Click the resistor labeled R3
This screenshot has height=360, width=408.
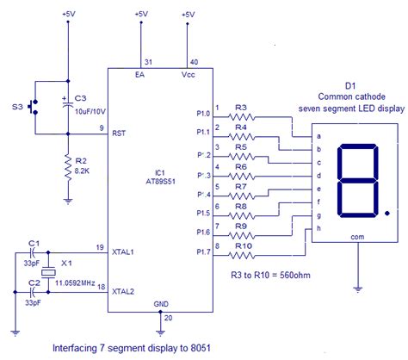point(242,117)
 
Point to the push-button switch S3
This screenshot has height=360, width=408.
point(33,108)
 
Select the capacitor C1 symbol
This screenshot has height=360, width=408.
point(33,253)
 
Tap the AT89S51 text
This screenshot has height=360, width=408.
point(160,183)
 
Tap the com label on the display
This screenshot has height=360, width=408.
point(356,233)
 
